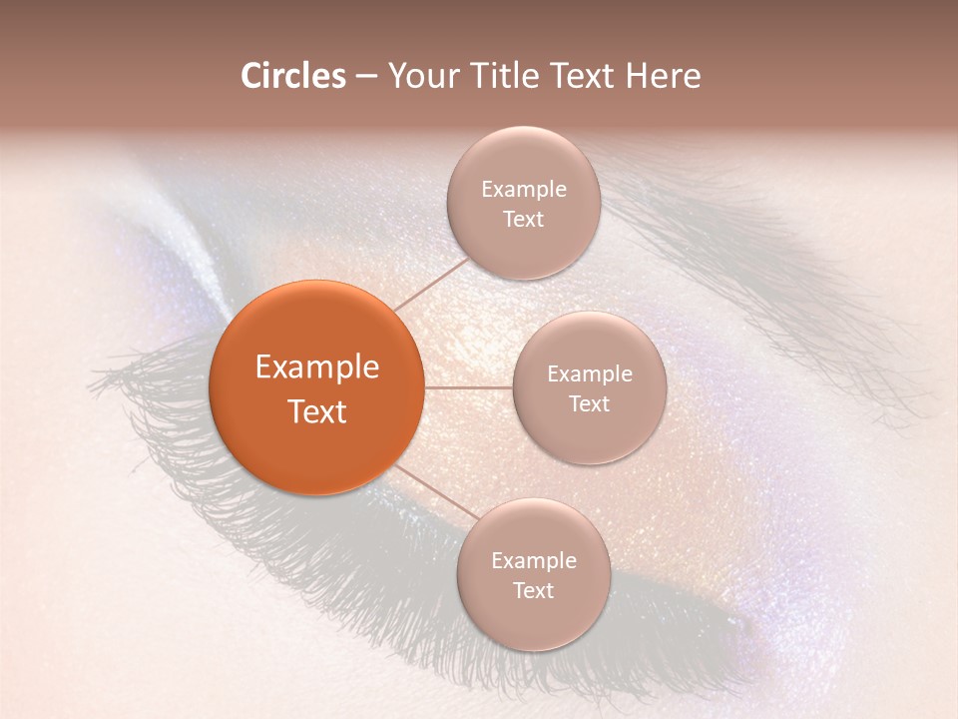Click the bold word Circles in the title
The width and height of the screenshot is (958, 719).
(293, 76)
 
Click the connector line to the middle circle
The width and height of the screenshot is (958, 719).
(468, 387)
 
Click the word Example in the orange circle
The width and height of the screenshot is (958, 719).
(317, 367)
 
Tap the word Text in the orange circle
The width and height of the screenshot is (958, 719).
(317, 411)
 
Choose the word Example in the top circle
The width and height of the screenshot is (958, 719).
(524, 190)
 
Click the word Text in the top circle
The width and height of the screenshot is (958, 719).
(523, 220)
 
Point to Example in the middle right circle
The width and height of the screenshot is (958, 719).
(590, 374)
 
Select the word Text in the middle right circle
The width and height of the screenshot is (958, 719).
(589, 404)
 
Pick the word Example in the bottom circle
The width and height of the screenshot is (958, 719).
(534, 561)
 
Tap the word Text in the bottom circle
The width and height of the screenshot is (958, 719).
(533, 591)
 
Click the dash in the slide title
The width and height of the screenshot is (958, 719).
(366, 77)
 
